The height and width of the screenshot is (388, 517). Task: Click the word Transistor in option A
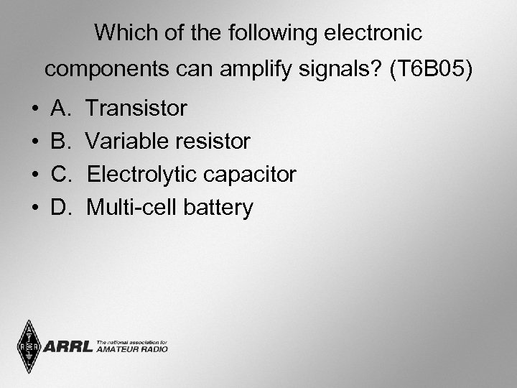coord(136,108)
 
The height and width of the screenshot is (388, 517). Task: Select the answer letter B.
coord(60,142)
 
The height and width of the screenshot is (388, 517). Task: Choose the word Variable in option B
coord(129,142)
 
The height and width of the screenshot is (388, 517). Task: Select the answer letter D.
coord(60,208)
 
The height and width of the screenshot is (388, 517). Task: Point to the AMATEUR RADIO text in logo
coord(132,351)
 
